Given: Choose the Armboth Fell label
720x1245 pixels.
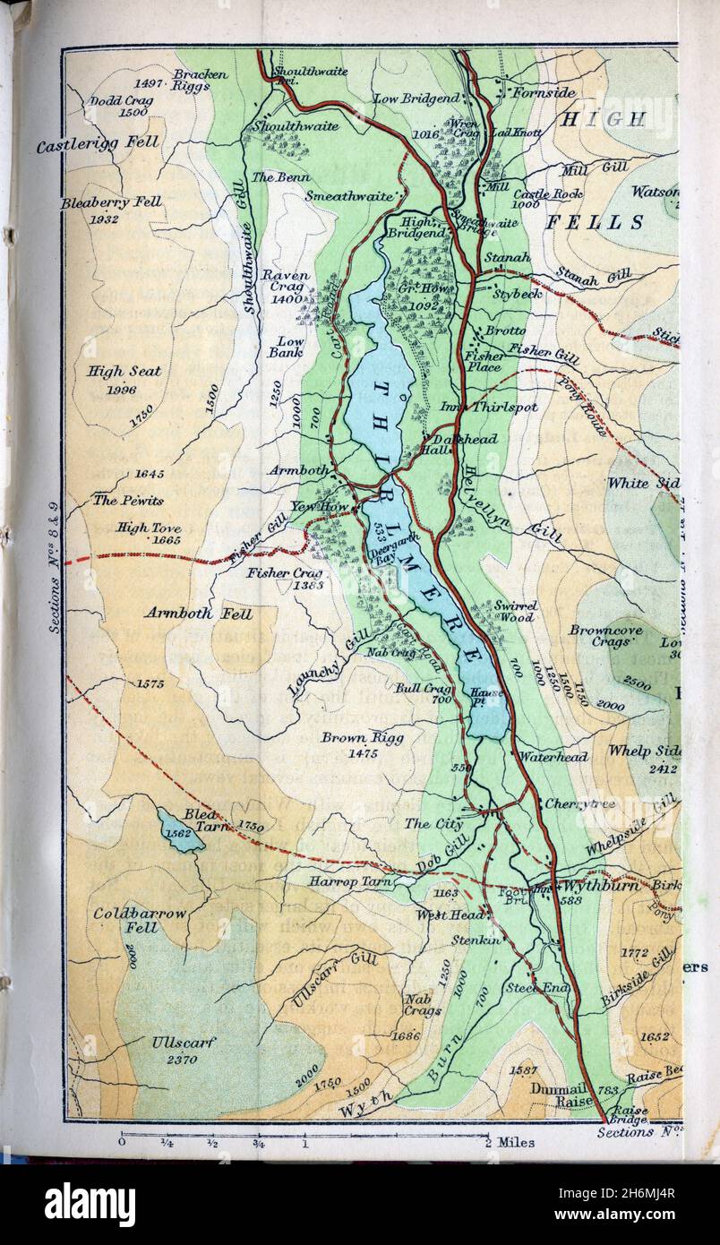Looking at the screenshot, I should tap(198, 614).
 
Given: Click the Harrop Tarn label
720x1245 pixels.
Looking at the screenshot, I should tap(345, 881).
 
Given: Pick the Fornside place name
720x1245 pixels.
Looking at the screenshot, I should tap(537, 91).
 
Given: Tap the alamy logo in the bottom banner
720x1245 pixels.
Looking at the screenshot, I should tap(90, 1204).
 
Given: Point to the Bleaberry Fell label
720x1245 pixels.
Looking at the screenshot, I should tap(111, 202).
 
